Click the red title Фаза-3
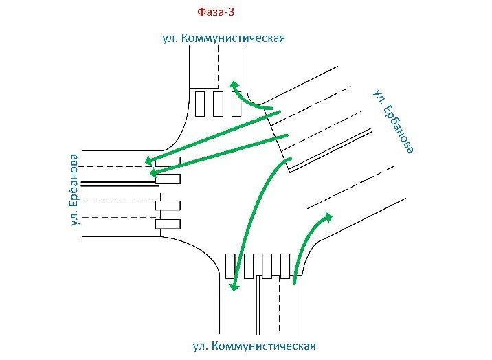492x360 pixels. [216, 12]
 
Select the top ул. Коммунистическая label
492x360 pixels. [223, 38]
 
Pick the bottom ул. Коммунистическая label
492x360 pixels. [254, 345]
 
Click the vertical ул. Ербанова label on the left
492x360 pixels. [74, 190]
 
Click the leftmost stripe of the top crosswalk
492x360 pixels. [201, 104]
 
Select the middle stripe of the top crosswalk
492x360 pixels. [219, 104]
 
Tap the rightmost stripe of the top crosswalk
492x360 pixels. [236, 104]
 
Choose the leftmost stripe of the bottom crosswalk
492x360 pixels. [230, 266]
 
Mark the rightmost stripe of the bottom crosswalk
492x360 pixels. [284, 266]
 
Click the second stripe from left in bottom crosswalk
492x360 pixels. [249, 266]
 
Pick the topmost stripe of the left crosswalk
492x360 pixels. [168, 161]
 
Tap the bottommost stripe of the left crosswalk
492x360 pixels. [168, 224]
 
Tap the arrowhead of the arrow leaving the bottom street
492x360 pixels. [328, 217]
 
